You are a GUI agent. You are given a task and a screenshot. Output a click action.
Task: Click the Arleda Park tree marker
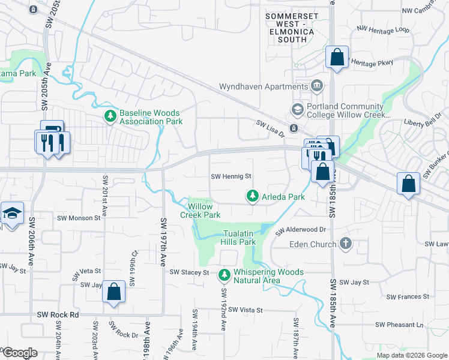253,196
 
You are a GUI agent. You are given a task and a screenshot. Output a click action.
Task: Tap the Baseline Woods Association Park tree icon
110,116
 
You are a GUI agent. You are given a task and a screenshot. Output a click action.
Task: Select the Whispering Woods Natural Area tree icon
224,275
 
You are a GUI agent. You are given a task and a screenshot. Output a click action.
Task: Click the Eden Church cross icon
345,244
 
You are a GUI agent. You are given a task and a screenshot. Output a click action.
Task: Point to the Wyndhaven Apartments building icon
316,86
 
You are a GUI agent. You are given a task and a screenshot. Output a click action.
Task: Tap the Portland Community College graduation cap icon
297,109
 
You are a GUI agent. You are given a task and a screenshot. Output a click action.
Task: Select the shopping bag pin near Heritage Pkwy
337,58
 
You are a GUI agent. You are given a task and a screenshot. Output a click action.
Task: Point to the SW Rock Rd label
58,314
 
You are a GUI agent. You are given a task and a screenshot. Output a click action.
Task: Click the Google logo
19,353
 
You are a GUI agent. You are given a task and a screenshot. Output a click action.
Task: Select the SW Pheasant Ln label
399,325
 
